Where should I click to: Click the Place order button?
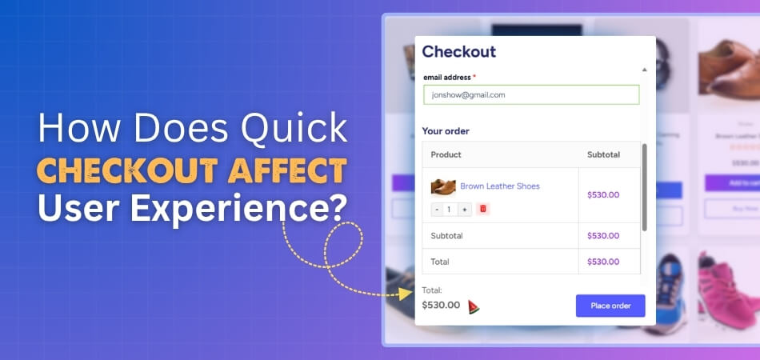tap(610, 306)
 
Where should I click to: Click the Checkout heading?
tap(459, 52)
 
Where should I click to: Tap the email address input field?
tap(531, 94)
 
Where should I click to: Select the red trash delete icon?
tap(482, 209)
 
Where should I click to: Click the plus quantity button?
tap(466, 209)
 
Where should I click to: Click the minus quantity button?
tap(437, 209)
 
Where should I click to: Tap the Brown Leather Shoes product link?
tap(499, 186)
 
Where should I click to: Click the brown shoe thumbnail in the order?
tap(442, 187)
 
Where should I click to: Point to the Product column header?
tap(446, 154)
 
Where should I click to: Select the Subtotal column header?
tap(603, 154)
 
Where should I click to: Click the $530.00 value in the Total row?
tap(603, 262)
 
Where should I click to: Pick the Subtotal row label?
tap(446, 236)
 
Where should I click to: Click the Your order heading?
tap(446, 131)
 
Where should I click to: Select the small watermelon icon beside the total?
tap(474, 306)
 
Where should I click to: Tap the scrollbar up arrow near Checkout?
tap(644, 70)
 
